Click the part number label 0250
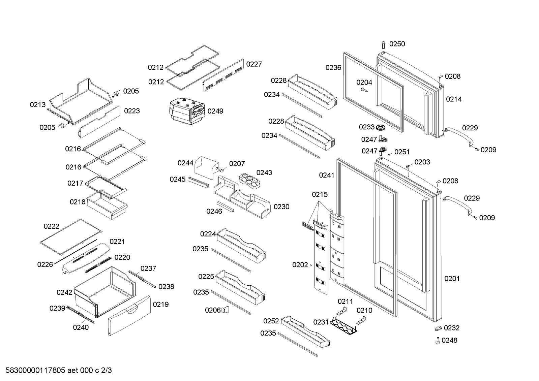[x=397, y=44]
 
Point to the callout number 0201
[x=452, y=279]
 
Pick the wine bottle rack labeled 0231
[x=343, y=325]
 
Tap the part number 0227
[x=254, y=64]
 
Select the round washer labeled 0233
[x=381, y=127]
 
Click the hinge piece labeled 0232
[x=438, y=328]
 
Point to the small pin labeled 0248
[x=438, y=341]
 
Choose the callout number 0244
[x=185, y=163]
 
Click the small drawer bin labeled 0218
[x=107, y=204]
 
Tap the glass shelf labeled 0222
[x=71, y=236]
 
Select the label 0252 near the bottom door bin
[x=271, y=321]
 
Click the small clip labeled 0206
[x=226, y=309]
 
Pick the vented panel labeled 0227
[x=223, y=75]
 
